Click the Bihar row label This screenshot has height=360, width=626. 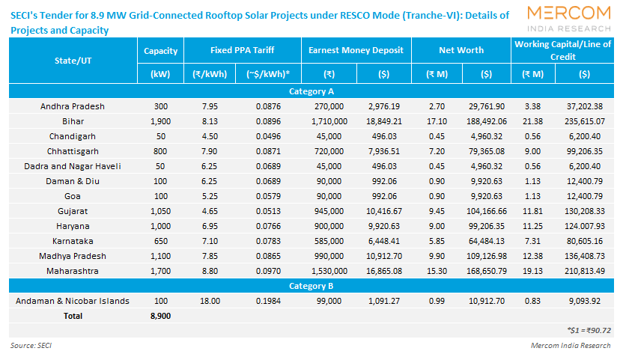coord(73,121)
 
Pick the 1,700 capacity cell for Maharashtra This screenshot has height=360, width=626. coord(160,270)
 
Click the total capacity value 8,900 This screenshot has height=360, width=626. coord(160,316)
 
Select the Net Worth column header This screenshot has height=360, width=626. coord(461,50)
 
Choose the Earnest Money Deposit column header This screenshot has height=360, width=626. coord(356,50)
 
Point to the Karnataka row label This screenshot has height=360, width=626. coord(73,241)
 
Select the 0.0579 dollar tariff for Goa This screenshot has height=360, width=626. coord(267,196)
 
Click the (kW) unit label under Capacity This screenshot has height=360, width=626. coord(160,74)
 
